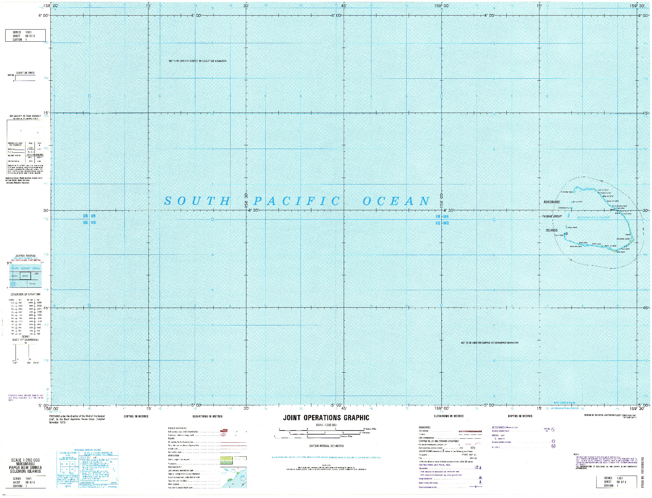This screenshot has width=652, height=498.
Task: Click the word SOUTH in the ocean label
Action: click(197, 201)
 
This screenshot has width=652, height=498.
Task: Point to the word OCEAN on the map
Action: click(397, 201)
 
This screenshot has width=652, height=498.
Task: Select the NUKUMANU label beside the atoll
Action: click(552, 202)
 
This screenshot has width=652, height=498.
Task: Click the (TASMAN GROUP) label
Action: click(551, 216)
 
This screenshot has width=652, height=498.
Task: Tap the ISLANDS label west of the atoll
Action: click(552, 230)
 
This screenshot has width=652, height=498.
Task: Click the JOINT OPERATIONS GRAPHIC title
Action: click(326, 418)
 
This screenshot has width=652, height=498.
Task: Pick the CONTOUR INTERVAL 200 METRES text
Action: click(326, 446)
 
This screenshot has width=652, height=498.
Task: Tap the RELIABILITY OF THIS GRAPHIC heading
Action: click(25, 116)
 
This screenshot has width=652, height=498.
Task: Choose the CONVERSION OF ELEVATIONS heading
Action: click(25, 294)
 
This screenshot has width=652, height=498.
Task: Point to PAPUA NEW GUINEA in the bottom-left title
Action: click(25, 468)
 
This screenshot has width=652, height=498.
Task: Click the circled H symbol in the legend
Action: click(553, 446)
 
